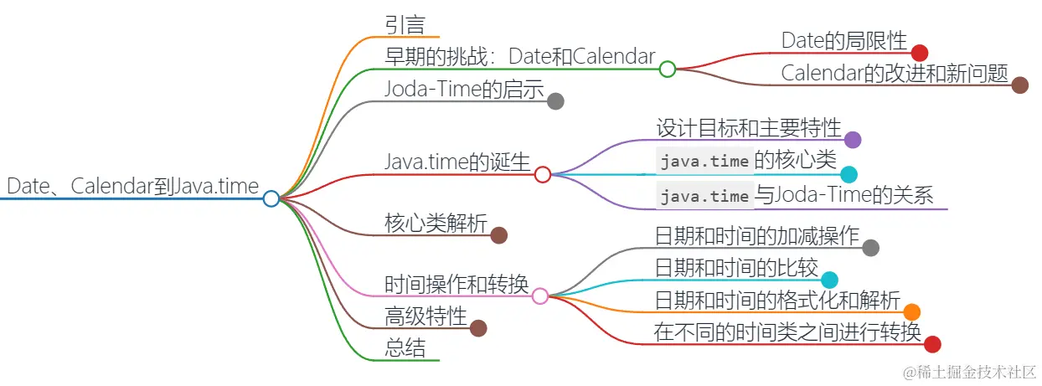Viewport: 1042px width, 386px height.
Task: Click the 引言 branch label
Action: [x=405, y=24]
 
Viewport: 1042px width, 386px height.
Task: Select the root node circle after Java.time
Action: [x=271, y=198]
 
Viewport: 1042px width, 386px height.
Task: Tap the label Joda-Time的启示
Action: [x=465, y=88]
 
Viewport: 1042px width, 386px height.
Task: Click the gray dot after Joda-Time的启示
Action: [x=555, y=101]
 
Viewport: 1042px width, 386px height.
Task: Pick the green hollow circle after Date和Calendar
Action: [x=667, y=69]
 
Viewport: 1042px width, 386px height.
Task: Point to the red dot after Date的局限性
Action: [x=920, y=53]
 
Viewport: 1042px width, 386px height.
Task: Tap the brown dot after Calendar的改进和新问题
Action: [x=1019, y=85]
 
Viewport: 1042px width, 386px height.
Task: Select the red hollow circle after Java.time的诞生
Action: [x=542, y=174]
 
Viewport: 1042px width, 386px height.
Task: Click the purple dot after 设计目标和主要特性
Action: [x=852, y=140]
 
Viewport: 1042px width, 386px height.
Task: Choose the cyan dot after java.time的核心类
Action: [x=849, y=174]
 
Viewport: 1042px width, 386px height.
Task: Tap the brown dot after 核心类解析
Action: [x=498, y=235]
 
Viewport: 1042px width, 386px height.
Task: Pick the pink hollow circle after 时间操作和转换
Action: [x=540, y=296]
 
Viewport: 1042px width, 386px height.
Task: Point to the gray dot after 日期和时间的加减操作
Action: [x=870, y=247]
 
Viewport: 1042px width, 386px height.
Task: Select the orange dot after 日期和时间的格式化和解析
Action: [x=911, y=311]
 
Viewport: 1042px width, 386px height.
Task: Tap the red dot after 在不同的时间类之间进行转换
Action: [x=931, y=343]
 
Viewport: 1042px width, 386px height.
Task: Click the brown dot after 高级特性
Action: [x=478, y=328]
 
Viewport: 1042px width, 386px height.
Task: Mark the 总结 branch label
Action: [x=405, y=347]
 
